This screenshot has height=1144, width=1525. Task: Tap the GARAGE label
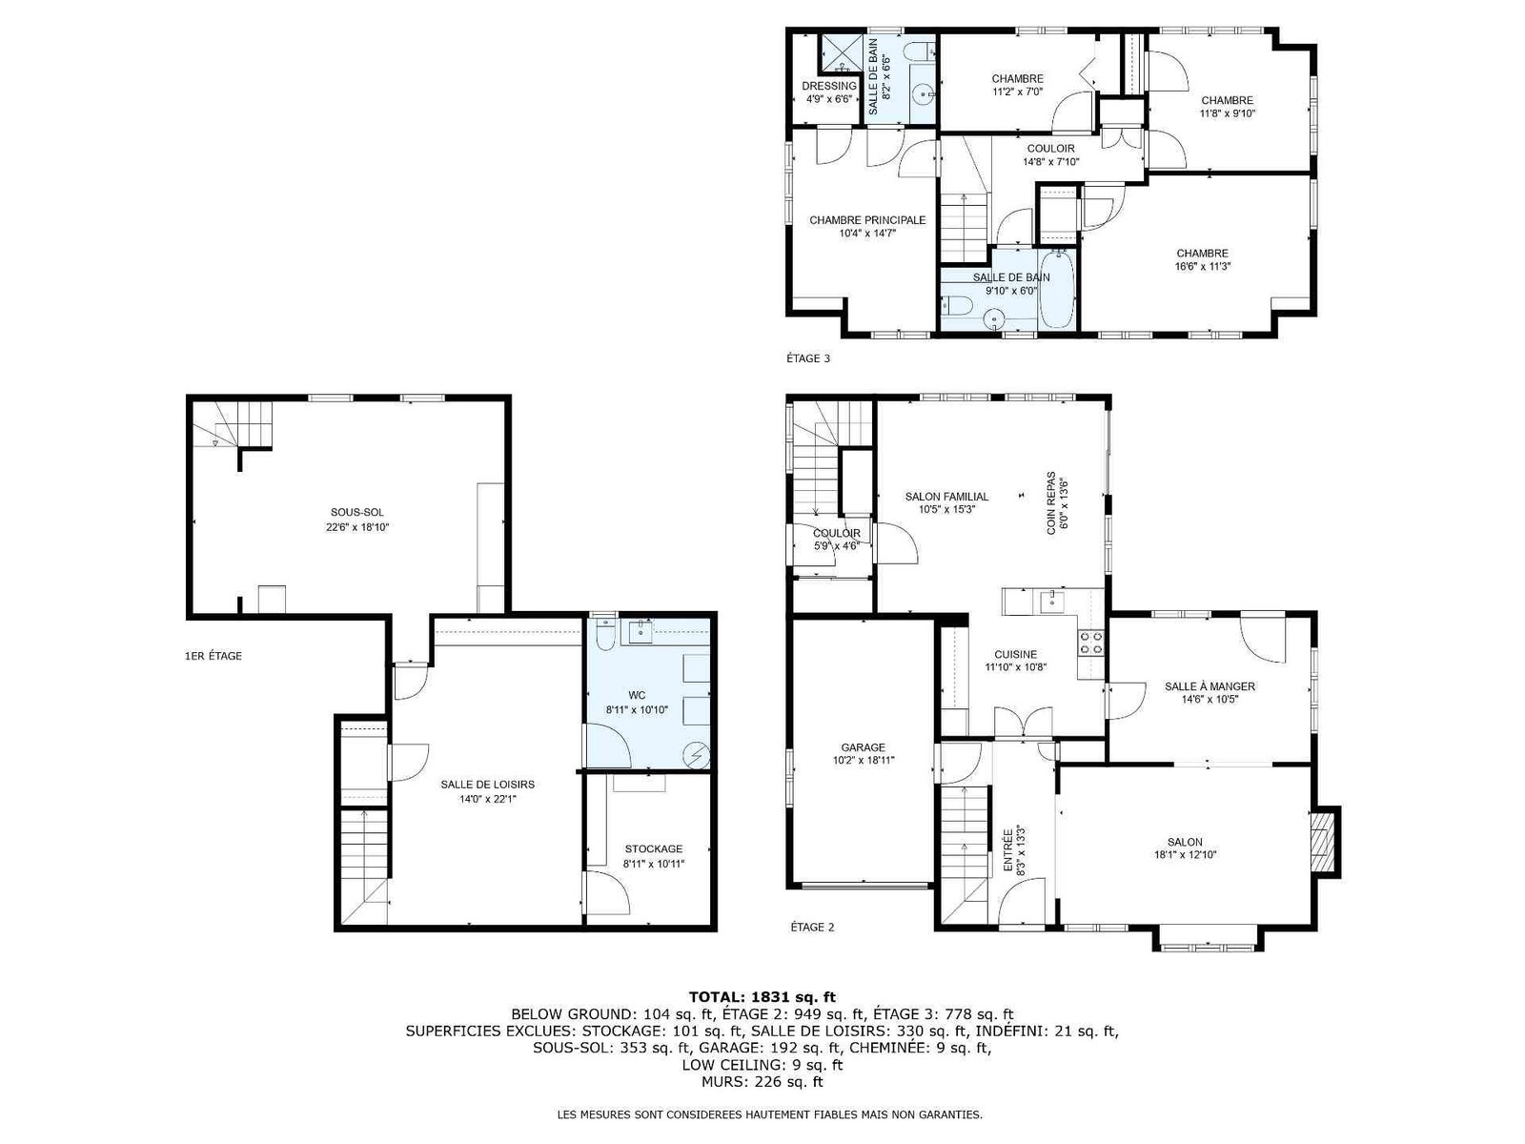coord(863,747)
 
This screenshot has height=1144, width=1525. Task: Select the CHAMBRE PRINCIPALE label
coord(867,220)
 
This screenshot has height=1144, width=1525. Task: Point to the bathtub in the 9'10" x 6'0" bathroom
coord(1057,290)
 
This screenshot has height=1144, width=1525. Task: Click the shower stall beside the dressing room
coord(841,52)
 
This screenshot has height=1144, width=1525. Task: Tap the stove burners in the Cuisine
coord(1090,642)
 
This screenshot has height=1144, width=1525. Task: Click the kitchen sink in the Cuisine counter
coord(1049,602)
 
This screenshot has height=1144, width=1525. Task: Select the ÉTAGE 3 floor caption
coord(808,358)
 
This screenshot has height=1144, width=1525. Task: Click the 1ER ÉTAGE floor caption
coord(213,656)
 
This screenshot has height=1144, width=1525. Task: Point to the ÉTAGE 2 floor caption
coord(812,927)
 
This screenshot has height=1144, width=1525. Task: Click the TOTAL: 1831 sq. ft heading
coord(762,998)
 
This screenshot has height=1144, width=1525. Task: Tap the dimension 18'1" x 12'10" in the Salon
coord(1186,855)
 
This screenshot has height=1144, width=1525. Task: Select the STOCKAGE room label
coord(654,848)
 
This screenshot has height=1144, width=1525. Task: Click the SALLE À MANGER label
coord(1210,686)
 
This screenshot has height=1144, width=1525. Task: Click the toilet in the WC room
coord(605,633)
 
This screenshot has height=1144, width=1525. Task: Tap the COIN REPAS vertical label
coord(1051,503)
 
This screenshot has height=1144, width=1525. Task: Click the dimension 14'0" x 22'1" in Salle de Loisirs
coord(488,799)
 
